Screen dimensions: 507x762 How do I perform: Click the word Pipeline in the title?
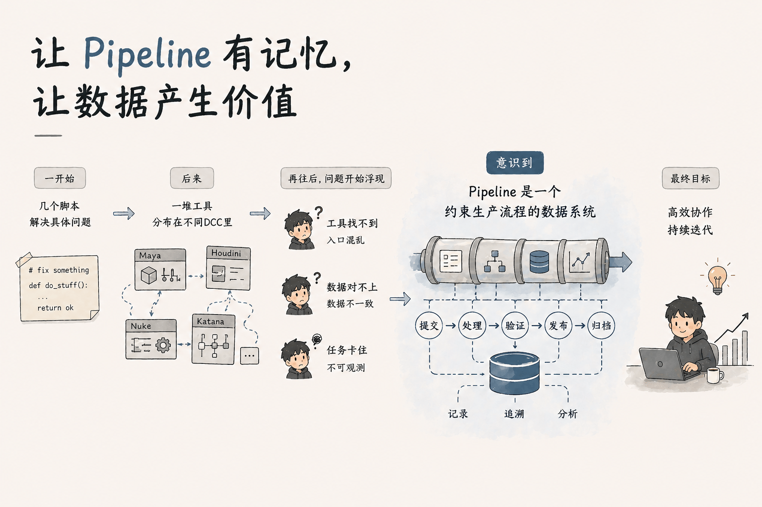[147, 54]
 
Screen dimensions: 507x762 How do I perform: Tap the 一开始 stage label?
[60, 178]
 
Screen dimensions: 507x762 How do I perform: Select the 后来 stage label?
[192, 178]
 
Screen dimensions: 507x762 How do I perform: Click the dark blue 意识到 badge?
[515, 163]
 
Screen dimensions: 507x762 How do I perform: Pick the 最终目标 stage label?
[690, 178]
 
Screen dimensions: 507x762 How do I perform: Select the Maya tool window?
[160, 269]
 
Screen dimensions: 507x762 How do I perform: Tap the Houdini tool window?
[228, 268]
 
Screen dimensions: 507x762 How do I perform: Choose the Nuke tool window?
[151, 339]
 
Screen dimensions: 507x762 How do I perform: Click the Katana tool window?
[213, 339]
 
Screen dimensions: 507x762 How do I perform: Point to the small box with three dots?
[249, 355]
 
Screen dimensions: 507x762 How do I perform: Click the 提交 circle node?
[429, 326]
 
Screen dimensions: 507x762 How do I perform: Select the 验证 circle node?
[515, 326]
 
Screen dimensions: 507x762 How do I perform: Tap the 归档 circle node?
[601, 326]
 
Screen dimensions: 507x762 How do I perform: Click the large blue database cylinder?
[514, 373]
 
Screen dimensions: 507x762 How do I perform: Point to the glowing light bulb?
[717, 279]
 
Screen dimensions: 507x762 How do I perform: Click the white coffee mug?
[714, 375]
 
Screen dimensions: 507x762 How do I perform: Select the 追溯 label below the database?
[514, 414]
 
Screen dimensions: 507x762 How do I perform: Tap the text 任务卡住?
[346, 350]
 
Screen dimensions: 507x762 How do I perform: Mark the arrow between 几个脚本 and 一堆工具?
[124, 214]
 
